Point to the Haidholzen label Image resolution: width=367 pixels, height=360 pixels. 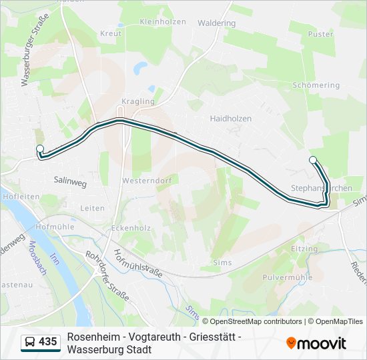coord(231,119)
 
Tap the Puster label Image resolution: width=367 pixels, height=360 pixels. coord(321,34)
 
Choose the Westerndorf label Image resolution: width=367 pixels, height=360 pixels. coord(142,181)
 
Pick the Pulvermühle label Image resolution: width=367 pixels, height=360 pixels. coord(288,277)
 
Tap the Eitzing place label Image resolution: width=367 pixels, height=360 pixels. coord(304,249)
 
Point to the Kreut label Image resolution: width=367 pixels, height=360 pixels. coord(111,33)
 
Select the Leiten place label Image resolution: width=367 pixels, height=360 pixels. coord(93,208)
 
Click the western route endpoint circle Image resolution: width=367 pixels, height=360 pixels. coord(40,149)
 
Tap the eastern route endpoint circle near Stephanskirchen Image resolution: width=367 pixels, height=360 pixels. coord(313,159)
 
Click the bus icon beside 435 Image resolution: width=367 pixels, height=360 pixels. coord(30,342)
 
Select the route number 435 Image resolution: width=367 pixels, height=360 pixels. coord(48,342)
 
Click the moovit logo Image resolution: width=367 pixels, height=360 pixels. coord(316,343)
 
